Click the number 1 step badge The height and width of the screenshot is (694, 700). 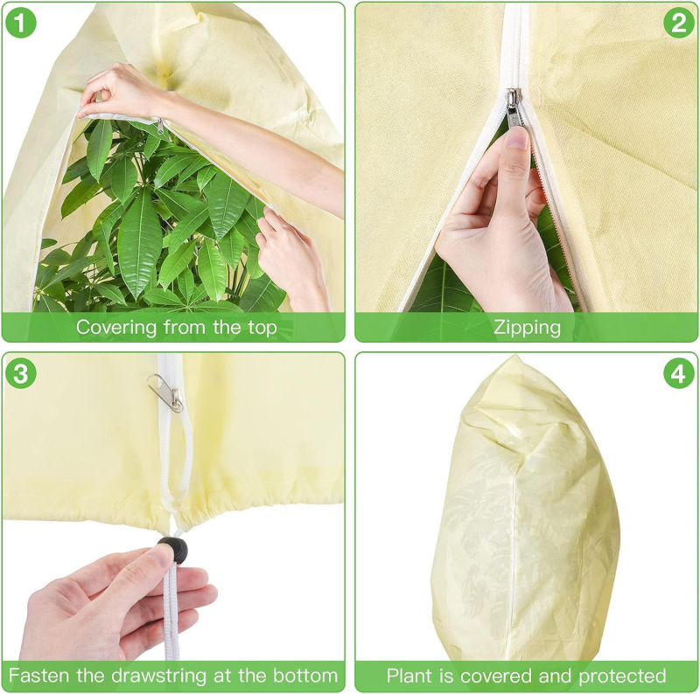pos(20,23)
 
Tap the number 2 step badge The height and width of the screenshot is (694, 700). pos(678,23)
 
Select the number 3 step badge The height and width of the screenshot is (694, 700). pos(20,373)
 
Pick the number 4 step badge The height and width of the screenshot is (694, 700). pos(678,373)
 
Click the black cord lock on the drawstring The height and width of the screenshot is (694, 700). pos(172,551)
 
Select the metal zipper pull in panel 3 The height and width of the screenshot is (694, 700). pos(168,392)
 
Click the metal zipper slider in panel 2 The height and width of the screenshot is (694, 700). pos(514,108)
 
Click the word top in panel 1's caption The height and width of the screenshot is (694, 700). pos(262,328)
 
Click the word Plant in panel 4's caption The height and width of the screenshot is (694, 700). pos(409,676)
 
